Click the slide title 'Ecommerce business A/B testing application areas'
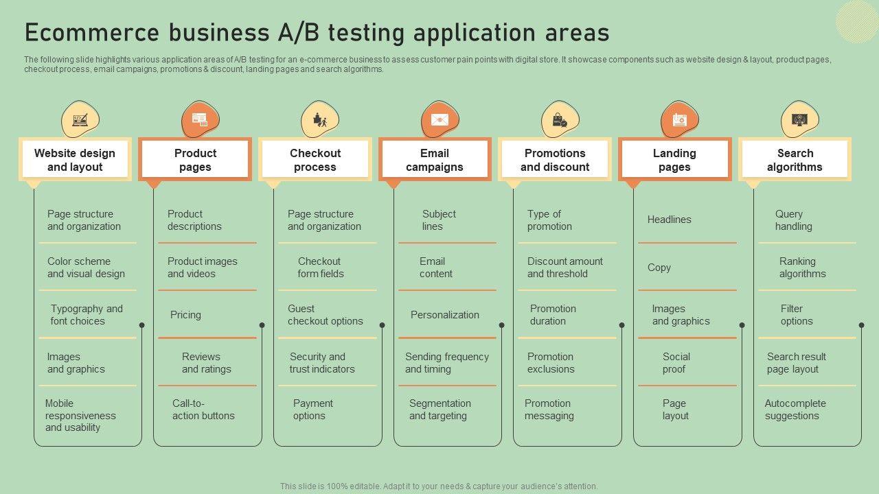317,33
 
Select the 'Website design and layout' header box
75,160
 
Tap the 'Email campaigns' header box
435,160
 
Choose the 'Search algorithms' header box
795,160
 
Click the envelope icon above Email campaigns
439,120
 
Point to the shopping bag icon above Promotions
560,120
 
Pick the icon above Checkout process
319,120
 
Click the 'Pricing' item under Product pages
185,315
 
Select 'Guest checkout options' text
325,315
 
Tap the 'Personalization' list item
445,315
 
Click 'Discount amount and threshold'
564,268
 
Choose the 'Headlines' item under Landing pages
669,220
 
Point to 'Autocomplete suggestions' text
795,410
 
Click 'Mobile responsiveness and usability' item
80,415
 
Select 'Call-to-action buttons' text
203,410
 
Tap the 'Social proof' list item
676,363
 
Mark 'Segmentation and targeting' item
439,410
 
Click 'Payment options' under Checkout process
312,410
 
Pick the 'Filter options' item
796,315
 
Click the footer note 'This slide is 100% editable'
439,486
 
